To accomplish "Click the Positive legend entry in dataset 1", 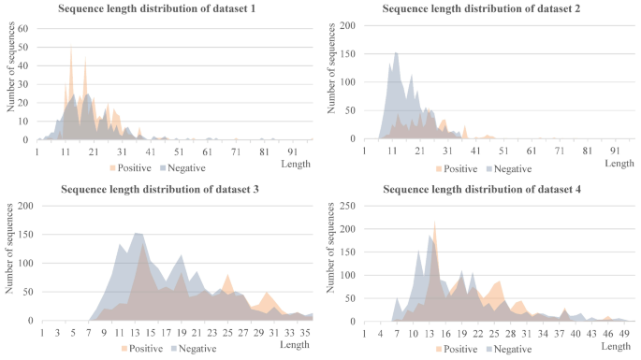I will point(130,168).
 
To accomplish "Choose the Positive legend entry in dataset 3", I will point(142,348).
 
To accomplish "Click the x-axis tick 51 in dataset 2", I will point(503,150).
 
